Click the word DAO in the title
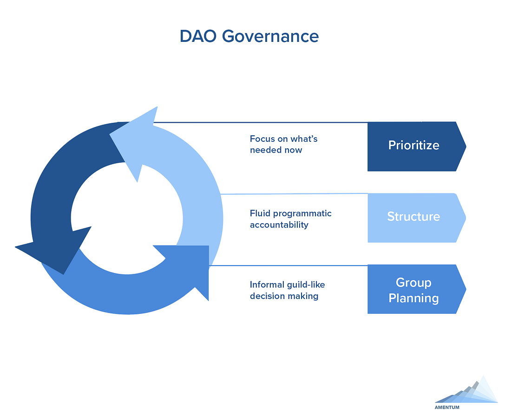click(x=198, y=36)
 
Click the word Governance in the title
click(x=270, y=37)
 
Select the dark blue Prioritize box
click(x=417, y=146)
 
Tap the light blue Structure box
click(x=417, y=218)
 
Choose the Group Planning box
click(x=417, y=289)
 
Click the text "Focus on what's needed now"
click(x=283, y=144)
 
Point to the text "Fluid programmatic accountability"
click(x=291, y=219)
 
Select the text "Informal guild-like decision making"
click(x=288, y=291)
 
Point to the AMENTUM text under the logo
click(x=447, y=407)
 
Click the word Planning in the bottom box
click(x=413, y=298)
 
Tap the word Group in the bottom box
click(x=413, y=282)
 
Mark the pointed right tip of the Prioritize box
click(x=466, y=146)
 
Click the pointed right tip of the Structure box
click(x=466, y=218)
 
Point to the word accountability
click(x=279, y=225)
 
